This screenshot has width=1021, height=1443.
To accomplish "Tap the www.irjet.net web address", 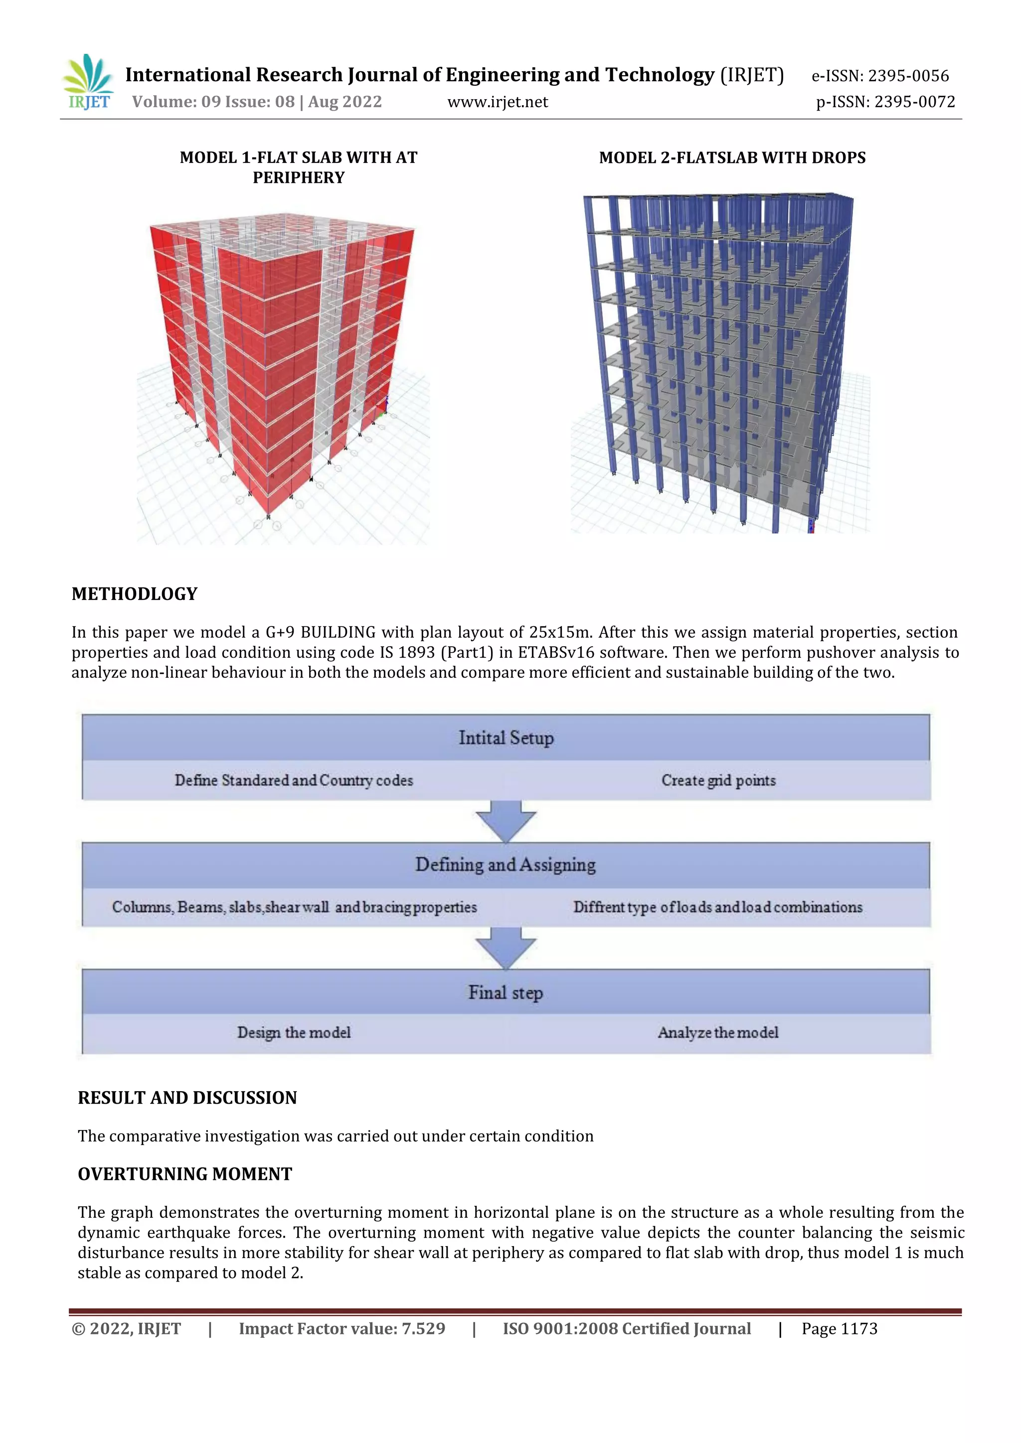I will pos(498,102).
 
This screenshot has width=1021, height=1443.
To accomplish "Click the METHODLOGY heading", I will pos(135,594).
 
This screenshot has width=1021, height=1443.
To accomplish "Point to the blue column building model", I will pos(717,358).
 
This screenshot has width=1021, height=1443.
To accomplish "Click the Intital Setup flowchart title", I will pos(506,738).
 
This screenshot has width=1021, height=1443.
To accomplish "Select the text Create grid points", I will pos(718,781).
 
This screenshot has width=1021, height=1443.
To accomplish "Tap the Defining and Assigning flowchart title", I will pos(506,865).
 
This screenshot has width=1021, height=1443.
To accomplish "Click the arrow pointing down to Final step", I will pos(506,948).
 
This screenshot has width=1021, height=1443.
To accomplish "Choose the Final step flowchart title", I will pos(506,993).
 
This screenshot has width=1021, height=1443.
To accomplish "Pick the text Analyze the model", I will pos(718,1032).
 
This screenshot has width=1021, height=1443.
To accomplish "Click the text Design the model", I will pos(294,1032).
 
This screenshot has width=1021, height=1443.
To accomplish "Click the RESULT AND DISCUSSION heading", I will pos(187,1098).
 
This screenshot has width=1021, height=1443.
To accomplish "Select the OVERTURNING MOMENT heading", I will pos(185,1174).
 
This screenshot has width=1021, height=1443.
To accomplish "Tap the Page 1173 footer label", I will pos(840,1328).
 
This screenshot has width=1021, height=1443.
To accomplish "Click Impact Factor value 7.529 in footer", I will pos(342,1328).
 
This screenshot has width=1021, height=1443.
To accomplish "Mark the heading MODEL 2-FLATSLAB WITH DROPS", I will pos(732,158).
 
